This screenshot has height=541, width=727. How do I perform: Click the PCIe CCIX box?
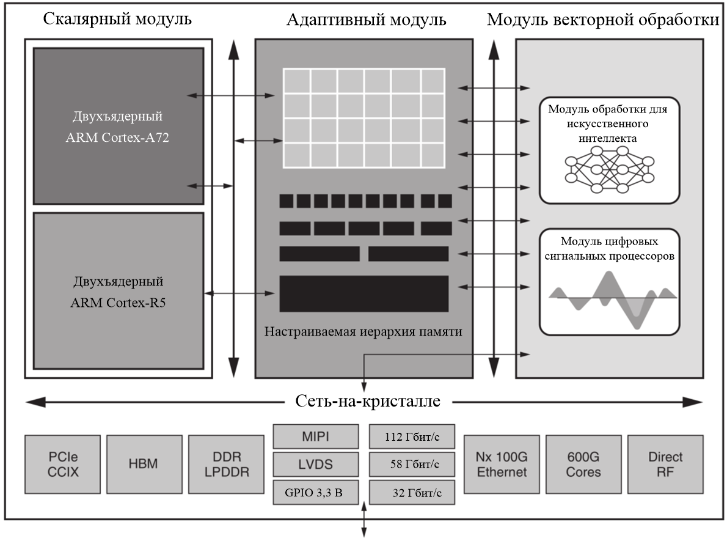[64, 464]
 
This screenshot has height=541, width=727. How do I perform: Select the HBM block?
[144, 464]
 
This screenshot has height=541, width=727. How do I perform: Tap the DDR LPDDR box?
[226, 464]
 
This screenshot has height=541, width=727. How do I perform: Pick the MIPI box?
[315, 436]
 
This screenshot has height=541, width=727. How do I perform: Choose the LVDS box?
[315, 464]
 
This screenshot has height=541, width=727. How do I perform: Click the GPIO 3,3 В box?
[315, 492]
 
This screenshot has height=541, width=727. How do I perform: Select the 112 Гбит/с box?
[412, 436]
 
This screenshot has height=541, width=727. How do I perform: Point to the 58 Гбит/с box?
[412, 464]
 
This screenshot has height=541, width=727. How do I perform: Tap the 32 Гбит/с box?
[412, 492]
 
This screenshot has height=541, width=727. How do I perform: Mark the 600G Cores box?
[583, 464]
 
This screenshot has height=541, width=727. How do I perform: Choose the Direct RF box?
[665, 464]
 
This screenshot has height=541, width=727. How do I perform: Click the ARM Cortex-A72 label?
[118, 138]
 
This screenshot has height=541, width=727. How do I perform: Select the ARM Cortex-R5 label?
[118, 301]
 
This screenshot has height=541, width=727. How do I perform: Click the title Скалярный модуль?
[118, 20]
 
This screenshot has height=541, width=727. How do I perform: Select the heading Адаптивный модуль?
[367, 20]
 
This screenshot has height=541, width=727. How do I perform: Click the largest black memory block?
[364, 293]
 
